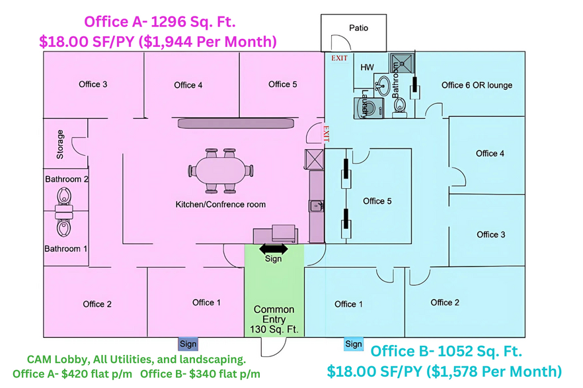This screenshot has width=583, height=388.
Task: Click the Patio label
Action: [x=358, y=28]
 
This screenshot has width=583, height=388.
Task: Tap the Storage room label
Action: [x=60, y=145]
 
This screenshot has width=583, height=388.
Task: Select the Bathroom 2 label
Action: [x=66, y=179]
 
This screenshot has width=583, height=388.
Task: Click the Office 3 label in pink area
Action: [x=93, y=84]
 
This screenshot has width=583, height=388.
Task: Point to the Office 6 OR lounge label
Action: [x=477, y=85]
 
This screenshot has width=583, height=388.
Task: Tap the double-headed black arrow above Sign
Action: [x=273, y=249]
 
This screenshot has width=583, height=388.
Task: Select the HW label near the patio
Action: [x=367, y=67]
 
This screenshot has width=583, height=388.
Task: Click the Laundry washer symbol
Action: [x=367, y=108]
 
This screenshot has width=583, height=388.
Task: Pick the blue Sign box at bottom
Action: [x=354, y=344]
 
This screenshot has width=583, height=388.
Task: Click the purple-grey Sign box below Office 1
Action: [x=188, y=344]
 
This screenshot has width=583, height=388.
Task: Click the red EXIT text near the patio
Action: [x=339, y=58]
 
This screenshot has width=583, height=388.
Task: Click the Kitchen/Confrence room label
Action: [x=220, y=205]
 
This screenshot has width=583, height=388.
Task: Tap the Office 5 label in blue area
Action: [x=377, y=201]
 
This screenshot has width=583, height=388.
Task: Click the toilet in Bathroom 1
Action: [x=65, y=226]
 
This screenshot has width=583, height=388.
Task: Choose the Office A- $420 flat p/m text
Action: [x=73, y=374]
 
